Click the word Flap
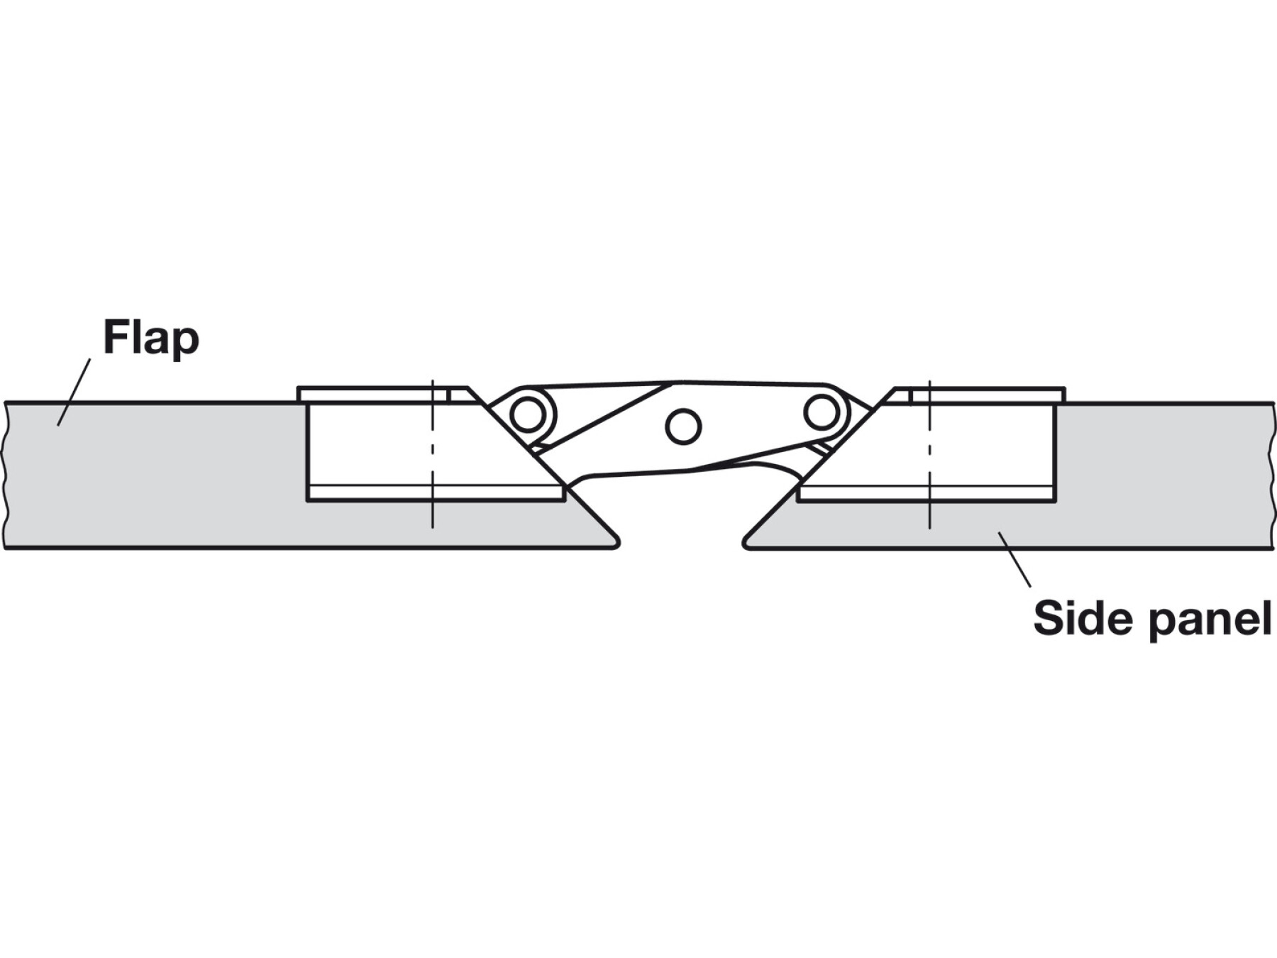151,338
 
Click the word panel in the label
1210,620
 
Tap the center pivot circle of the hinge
683,426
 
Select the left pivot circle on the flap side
528,414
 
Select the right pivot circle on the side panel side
822,411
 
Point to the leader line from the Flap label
74,392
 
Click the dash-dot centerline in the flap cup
432,454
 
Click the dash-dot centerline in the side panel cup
929,454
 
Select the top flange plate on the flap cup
369,395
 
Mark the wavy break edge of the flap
6,475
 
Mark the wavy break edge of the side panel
1271,475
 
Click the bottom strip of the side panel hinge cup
922,493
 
